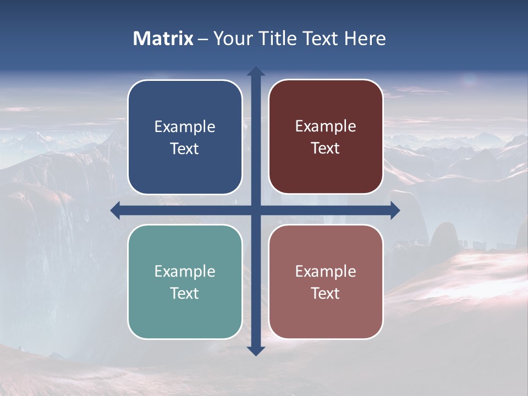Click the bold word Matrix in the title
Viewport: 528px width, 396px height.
click(x=163, y=38)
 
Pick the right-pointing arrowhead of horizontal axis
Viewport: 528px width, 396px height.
click(x=395, y=210)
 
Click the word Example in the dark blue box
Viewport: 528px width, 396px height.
click(x=185, y=127)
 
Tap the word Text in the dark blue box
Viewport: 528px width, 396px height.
click(x=185, y=149)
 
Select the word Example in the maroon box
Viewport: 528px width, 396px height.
click(x=326, y=127)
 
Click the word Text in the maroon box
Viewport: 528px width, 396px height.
click(x=326, y=148)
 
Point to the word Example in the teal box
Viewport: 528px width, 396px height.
click(x=185, y=272)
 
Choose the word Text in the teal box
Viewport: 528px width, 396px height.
click(x=185, y=294)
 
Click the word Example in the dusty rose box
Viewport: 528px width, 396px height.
click(x=326, y=272)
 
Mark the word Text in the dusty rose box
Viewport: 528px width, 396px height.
click(x=326, y=294)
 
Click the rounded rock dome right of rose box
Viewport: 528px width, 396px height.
click(x=443, y=237)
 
